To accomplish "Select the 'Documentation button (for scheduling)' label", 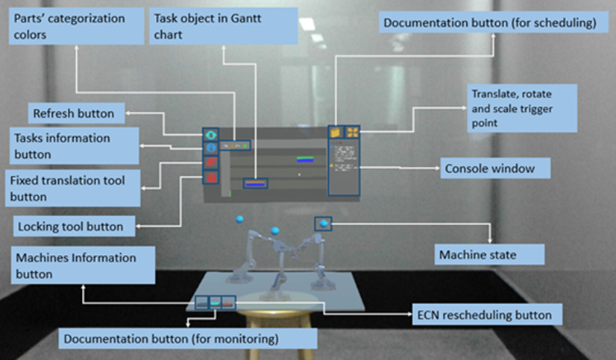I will click(x=489, y=23).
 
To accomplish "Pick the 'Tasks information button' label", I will click(x=74, y=146).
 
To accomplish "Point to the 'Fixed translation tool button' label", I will click(x=72, y=189).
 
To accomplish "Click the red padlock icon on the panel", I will click(x=210, y=178).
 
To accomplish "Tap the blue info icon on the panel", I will click(x=210, y=148).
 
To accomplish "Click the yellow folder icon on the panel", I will click(x=336, y=133).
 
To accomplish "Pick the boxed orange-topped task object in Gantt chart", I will click(x=256, y=181).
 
